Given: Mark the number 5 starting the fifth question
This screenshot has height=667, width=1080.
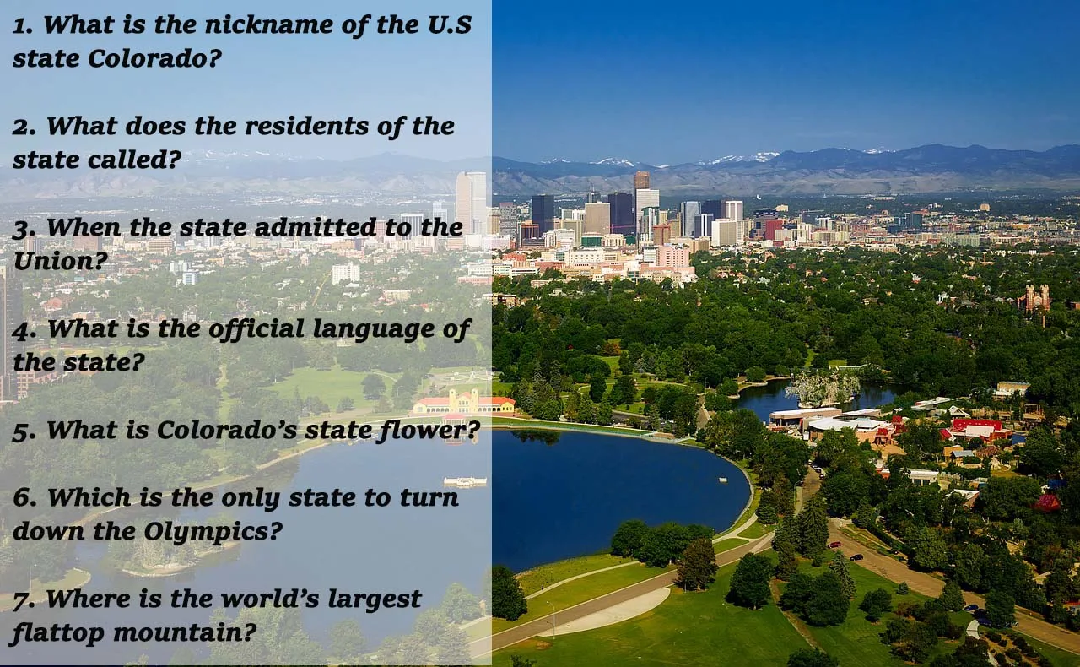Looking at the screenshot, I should (x=22, y=431).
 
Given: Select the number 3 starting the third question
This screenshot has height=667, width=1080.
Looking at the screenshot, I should (x=22, y=228).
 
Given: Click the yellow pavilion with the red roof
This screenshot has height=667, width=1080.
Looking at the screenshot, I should (x=463, y=402).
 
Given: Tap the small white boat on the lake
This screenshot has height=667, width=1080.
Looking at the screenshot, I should (x=465, y=481).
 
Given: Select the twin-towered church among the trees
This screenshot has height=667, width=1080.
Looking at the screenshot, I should (x=1034, y=297).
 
